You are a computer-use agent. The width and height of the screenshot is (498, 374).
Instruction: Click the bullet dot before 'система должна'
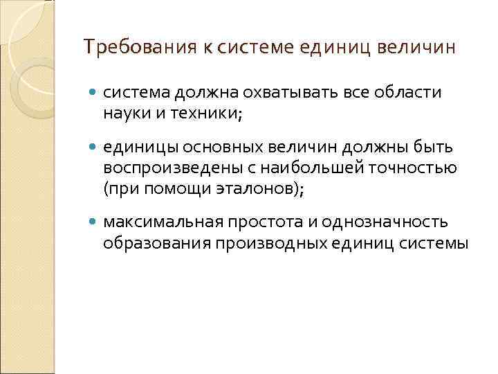pos(94,93)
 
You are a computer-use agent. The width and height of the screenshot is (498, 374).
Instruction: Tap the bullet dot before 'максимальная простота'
pos(94,222)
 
